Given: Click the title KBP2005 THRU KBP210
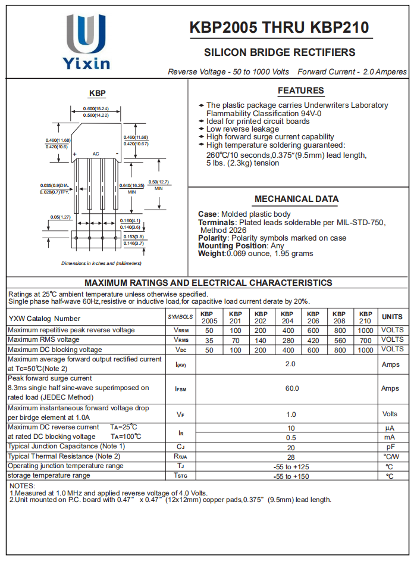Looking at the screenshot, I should coord(279,28).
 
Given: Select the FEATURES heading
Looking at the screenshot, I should coord(300,91).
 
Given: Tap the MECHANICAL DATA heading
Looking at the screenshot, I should coord(296,199).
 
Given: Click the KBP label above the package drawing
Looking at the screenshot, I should coord(97,93).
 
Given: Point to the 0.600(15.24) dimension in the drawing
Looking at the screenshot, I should coord(96,108).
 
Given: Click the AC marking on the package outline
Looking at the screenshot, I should coord(96,154).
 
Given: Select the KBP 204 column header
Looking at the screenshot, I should coord(287,317).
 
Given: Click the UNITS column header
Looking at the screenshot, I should coord(392,317).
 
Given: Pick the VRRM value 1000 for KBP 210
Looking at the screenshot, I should coord(365,330).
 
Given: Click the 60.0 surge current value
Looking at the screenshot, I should coord(291,388).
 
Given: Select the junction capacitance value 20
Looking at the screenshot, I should coord(291,447).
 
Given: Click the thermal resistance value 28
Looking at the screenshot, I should coord(291,457).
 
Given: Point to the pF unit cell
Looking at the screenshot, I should coord(390,447).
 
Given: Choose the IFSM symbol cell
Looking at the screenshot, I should coord(181,389).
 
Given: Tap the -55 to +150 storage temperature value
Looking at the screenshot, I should coord(291,476).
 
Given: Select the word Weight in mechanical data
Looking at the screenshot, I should coord(211,254).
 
